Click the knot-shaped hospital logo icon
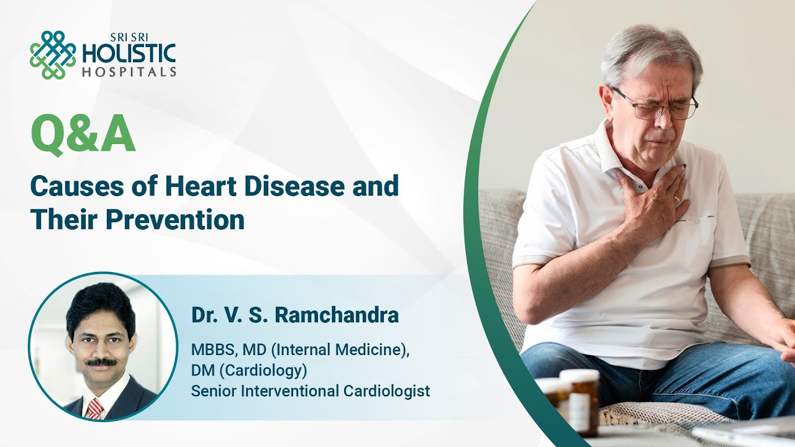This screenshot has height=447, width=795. (53, 55)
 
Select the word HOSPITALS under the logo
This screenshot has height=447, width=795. (129, 72)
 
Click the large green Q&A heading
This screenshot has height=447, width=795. (83, 136)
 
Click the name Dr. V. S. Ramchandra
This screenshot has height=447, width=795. (294, 315)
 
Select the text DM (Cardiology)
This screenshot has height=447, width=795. (249, 370)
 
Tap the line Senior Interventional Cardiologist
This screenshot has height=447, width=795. (310, 391)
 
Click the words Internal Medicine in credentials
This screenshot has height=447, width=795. (339, 350)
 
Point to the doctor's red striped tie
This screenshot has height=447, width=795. (95, 408)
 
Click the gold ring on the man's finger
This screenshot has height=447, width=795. (677, 199)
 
